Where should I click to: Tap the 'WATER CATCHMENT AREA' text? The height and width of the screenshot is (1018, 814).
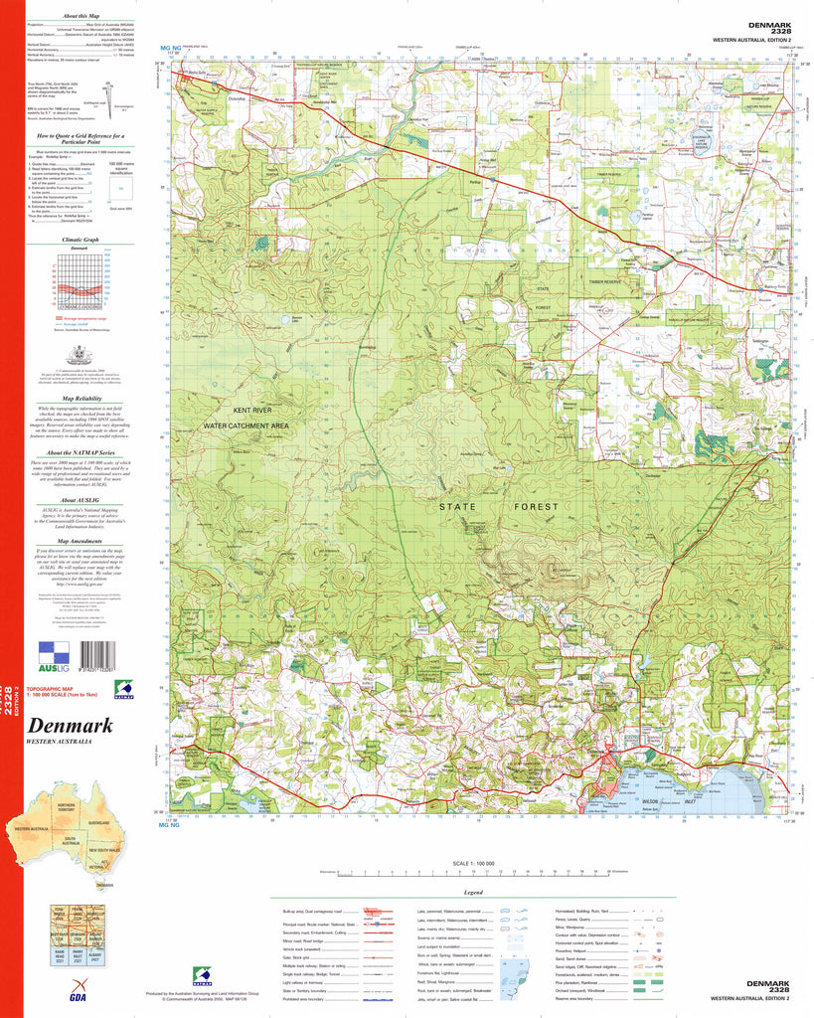coord(245,425)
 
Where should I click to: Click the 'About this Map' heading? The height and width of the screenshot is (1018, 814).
coord(81,17)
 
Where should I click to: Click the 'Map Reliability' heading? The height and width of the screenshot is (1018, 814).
coord(81,396)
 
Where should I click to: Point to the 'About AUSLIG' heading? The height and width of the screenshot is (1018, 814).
coord(81,500)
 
